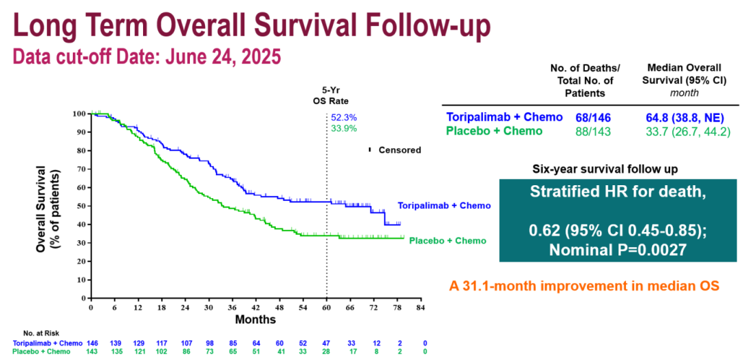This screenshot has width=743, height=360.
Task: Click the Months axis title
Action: pyautogui.click(x=255, y=319)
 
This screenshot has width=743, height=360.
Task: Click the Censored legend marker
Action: pyautogui.click(x=370, y=149)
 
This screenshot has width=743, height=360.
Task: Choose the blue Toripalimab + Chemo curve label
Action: pyautogui.click(x=444, y=206)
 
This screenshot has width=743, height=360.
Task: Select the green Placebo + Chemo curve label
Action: pyautogui.click(x=448, y=240)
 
